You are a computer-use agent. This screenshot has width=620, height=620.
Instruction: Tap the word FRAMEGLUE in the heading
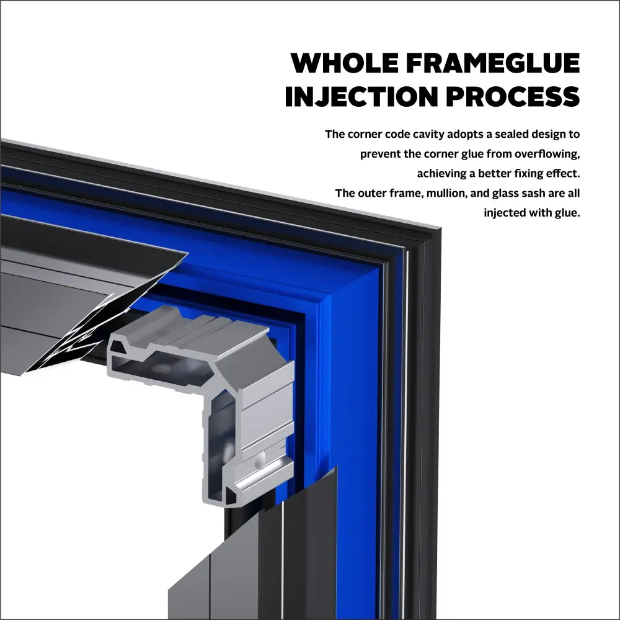point(493,63)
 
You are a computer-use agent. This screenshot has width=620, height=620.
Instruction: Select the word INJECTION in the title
point(361,96)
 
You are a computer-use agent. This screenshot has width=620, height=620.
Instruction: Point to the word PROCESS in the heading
point(513,96)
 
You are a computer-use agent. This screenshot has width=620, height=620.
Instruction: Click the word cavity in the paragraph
point(428,135)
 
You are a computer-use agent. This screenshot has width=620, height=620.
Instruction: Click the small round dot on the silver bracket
point(259,460)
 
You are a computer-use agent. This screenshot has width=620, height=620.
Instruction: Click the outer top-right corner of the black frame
point(441,228)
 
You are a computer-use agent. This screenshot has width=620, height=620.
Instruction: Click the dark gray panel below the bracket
point(253,562)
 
